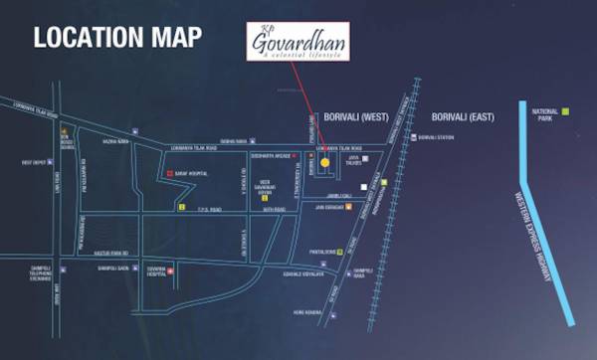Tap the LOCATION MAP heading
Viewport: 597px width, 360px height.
pyautogui.click(x=118, y=39)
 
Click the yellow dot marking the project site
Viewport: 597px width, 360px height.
pyautogui.click(x=324, y=162)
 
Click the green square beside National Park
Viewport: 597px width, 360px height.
pyautogui.click(x=564, y=111)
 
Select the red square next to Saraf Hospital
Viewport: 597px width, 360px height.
pyautogui.click(x=170, y=173)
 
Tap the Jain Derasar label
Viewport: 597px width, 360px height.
pyautogui.click(x=328, y=208)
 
